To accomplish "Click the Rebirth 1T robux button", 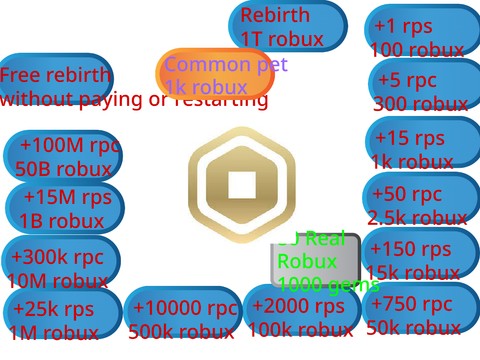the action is click(287, 26).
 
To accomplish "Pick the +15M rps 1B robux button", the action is click(64, 208).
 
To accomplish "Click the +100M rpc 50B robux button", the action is click(62, 156).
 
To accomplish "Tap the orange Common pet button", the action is click(215, 76).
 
